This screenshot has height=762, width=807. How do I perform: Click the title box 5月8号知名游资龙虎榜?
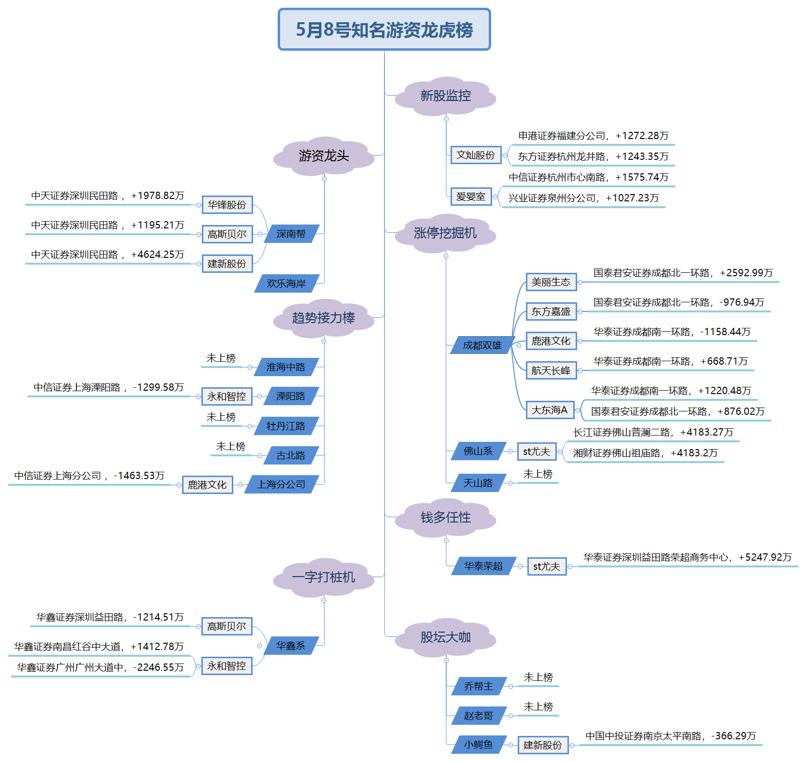[384, 29]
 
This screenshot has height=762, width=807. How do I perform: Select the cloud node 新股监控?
[445, 96]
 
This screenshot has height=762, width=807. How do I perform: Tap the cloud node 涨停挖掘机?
[445, 233]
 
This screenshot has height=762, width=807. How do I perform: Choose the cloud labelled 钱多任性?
[445, 518]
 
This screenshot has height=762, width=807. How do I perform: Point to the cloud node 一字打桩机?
[324, 577]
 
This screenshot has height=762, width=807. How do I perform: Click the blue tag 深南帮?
[291, 234]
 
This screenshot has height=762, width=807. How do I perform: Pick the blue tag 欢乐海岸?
[286, 283]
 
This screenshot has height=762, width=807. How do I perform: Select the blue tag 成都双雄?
[482, 345]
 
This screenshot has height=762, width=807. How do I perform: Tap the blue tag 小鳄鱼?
[479, 745]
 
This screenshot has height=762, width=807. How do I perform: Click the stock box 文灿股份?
[476, 155]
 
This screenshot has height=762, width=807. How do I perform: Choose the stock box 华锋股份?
[227, 205]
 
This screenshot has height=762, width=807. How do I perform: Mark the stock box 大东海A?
[550, 410]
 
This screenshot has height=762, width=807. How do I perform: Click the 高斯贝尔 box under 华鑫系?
[227, 626]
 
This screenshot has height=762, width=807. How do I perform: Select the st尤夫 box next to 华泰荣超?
[546, 566]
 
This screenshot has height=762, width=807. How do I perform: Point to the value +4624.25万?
[157, 254]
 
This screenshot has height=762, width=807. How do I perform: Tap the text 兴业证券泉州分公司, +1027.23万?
[583, 198]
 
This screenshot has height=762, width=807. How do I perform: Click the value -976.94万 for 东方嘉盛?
[742, 302]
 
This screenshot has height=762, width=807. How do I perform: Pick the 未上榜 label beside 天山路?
[538, 474]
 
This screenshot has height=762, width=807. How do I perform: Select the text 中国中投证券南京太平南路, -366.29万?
[670, 736]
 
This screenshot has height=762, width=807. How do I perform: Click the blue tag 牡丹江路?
[286, 426]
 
